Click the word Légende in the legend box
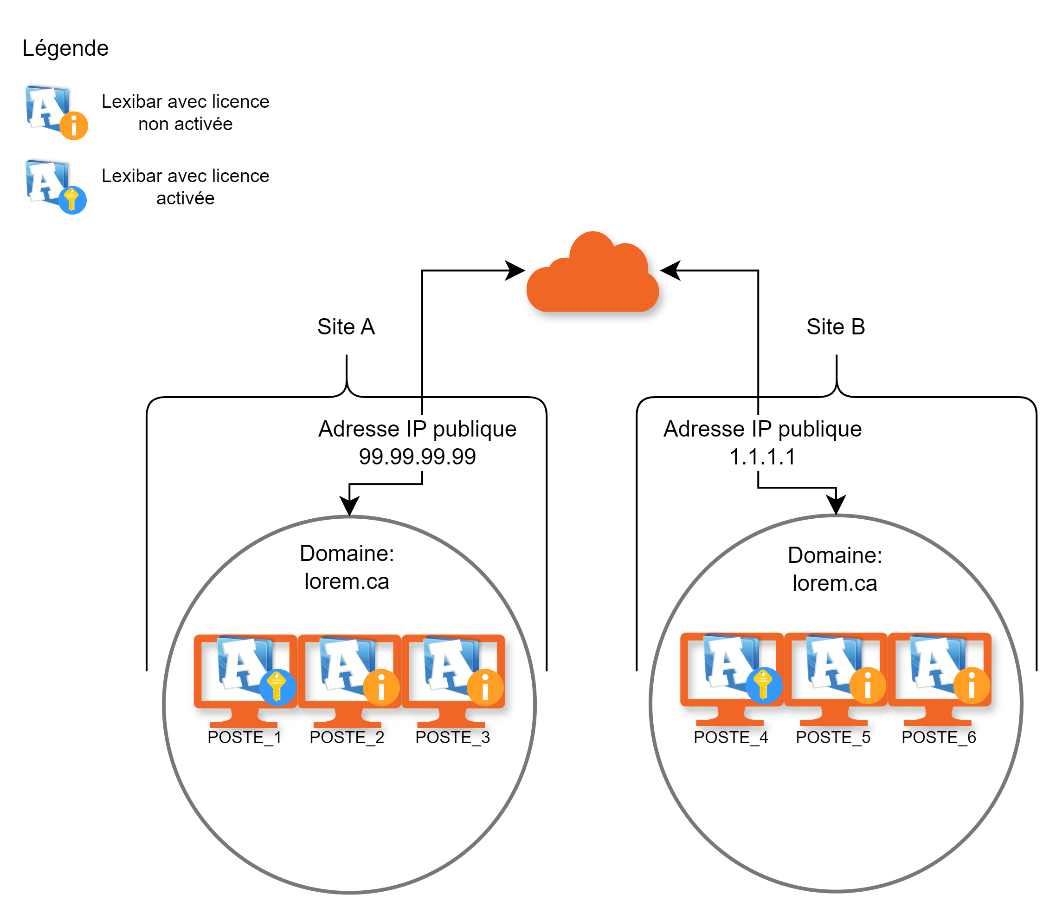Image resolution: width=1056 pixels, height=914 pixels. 66,48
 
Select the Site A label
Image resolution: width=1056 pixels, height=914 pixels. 347,327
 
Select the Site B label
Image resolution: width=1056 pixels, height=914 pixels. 837,327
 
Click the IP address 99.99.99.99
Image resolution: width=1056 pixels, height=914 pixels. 418,457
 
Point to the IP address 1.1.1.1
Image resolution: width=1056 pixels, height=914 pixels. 762,457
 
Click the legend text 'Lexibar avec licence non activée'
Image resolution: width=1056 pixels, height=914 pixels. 186,113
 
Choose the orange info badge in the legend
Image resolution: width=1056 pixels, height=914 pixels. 74,125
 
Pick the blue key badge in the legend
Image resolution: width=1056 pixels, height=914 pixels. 72,200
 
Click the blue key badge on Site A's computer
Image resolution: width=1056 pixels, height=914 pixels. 277,686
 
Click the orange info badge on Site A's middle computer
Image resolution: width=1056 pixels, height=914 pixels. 381,687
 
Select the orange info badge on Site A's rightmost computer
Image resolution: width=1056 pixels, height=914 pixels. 485,687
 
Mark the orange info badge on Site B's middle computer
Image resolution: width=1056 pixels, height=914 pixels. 868,685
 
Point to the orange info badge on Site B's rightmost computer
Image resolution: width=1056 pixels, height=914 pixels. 972,685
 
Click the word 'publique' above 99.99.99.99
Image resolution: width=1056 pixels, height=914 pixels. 475,430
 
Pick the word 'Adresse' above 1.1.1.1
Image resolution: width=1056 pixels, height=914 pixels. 704,429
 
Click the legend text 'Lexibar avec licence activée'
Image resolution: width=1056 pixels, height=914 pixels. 186,187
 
